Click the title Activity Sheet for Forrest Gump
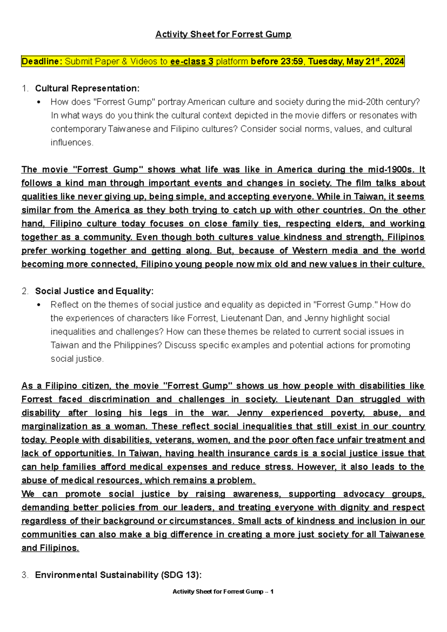(x=223, y=34)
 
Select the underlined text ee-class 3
(x=191, y=61)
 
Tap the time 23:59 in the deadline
(x=292, y=61)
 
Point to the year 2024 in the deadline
(x=394, y=61)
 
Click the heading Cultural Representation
(x=87, y=88)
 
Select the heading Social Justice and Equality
(x=94, y=291)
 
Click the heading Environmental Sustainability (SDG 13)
(x=118, y=575)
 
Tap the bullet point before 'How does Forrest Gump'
(x=39, y=102)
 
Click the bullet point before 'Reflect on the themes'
(x=39, y=305)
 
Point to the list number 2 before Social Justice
(x=25, y=291)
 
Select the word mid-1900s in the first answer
(x=390, y=170)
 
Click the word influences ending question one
(x=71, y=142)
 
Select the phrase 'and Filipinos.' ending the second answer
(x=50, y=548)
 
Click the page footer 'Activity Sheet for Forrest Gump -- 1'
(x=223, y=591)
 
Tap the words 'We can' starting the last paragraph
(x=39, y=494)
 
